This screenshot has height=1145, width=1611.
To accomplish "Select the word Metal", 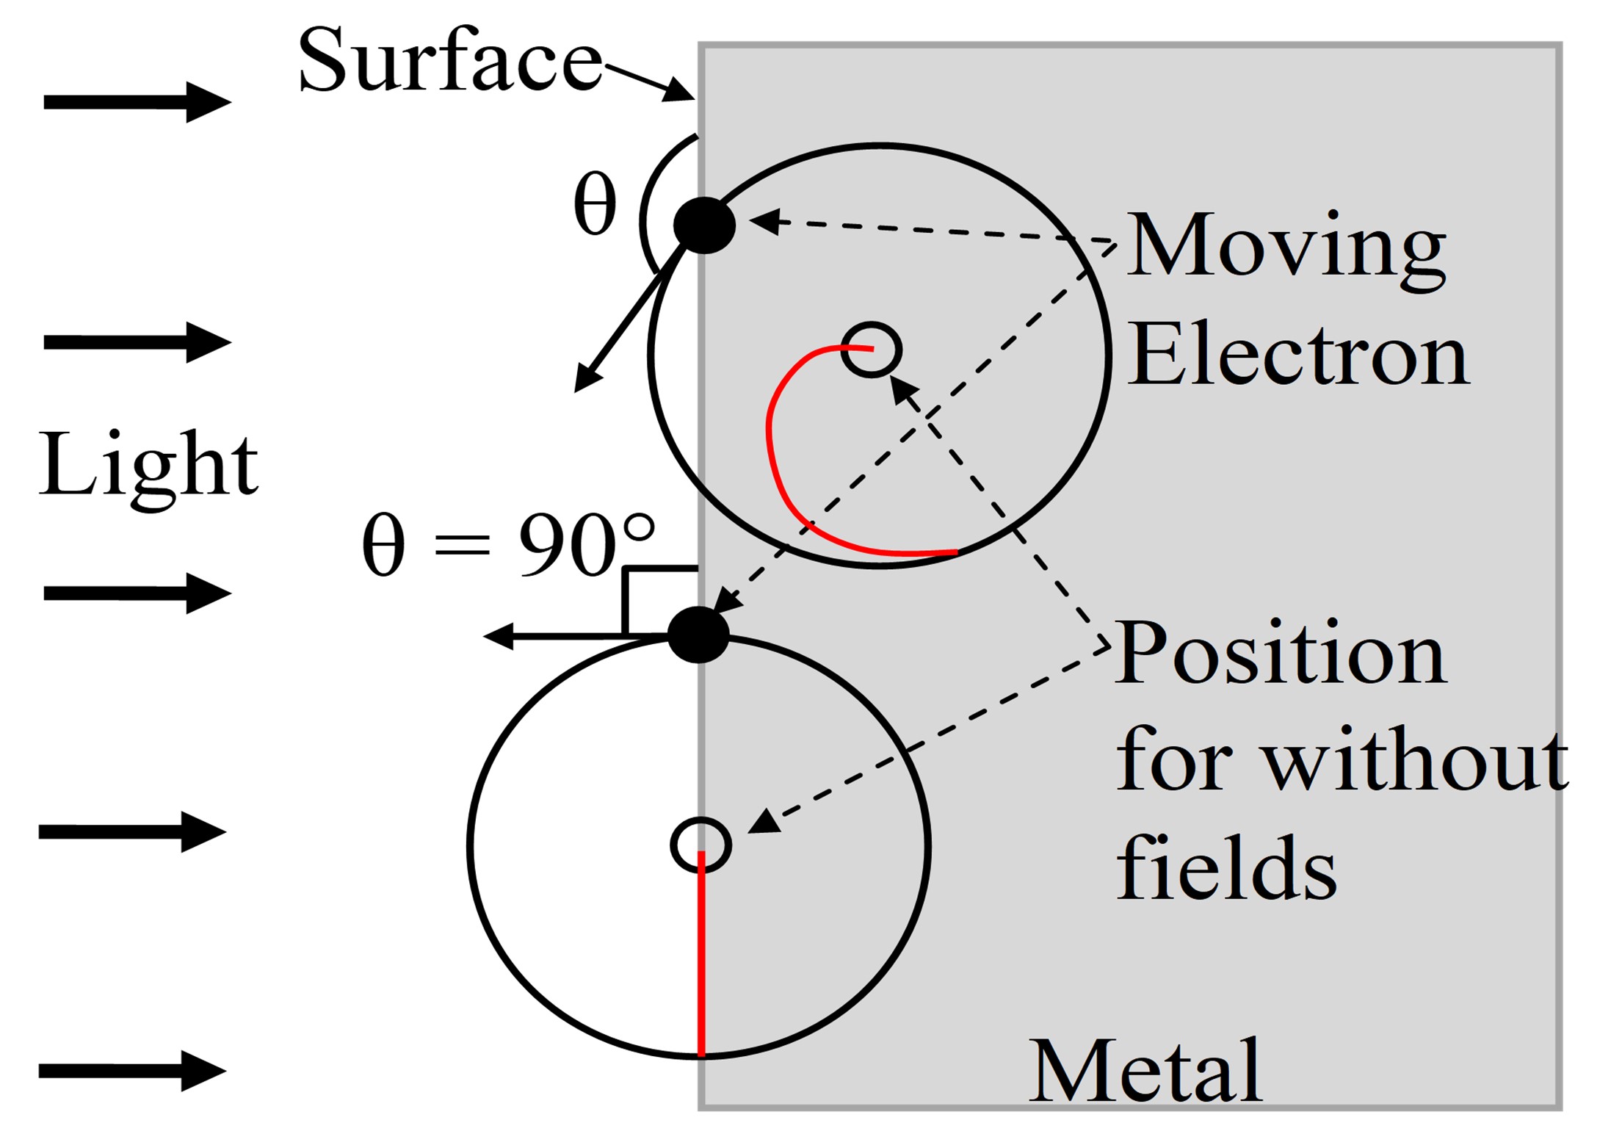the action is pos(1146,1072).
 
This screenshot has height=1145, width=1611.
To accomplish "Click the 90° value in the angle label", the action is pos(586,545).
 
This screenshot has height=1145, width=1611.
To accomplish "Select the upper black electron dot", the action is pos(704,225).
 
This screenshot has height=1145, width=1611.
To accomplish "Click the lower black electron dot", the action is pos(698,635).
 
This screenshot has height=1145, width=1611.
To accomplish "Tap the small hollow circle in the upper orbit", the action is pos(871,350).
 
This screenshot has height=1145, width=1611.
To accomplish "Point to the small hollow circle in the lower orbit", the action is pos(701,845).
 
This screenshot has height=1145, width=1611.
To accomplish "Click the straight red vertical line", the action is pos(701,953).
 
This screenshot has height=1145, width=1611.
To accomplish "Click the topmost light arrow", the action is pos(137,102).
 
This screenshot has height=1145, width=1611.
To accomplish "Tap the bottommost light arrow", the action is pos(132,1071).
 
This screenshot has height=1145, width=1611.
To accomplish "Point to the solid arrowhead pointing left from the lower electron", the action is pos(498,636).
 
